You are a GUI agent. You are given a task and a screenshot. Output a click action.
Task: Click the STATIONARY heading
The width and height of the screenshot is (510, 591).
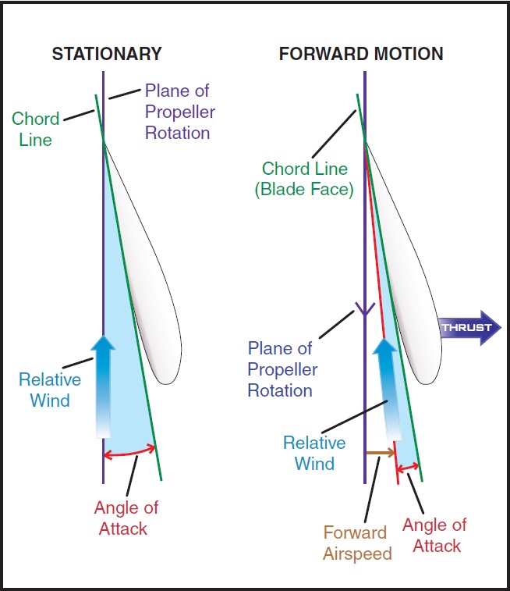(106, 54)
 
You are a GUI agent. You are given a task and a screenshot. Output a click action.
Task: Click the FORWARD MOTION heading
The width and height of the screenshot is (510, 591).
(361, 54)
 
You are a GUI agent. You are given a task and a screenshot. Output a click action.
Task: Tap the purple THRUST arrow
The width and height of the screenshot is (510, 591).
(465, 327)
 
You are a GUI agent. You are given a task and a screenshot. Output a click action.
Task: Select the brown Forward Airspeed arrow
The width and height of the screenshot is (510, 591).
(380, 452)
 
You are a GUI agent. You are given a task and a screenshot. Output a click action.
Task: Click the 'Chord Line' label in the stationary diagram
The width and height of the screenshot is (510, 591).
(35, 130)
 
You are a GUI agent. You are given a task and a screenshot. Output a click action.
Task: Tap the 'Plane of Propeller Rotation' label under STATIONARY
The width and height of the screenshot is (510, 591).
(178, 112)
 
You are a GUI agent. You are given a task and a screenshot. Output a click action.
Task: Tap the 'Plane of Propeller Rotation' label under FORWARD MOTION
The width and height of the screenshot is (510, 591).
(281, 368)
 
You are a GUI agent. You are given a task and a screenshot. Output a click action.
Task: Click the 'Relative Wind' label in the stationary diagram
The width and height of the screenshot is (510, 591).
(50, 390)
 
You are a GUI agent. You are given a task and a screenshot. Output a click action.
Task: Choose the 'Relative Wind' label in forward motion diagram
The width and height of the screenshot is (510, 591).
(314, 453)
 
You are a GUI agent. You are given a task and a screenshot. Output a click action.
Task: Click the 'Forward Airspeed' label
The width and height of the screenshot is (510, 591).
(355, 543)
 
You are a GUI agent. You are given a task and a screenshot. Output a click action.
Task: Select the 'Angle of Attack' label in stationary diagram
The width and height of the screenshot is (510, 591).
(126, 518)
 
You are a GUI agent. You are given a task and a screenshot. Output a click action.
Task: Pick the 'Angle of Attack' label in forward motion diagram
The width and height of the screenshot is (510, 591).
(434, 535)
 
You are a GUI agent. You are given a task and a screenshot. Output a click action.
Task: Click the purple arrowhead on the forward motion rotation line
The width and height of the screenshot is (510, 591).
(364, 309)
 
